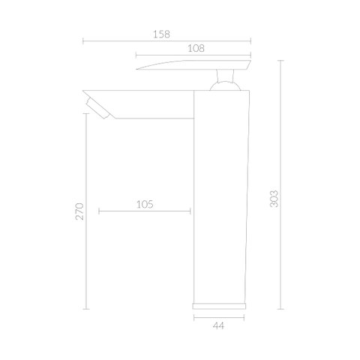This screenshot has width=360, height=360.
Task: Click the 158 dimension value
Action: click(161, 34)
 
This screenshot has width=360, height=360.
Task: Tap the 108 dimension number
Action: click(196, 48)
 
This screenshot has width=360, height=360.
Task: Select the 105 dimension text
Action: click(145, 205)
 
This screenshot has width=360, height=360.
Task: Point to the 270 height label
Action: click(79, 211)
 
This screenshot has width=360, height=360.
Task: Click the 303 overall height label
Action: click(274, 199)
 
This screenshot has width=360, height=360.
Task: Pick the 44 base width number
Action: click(219, 325)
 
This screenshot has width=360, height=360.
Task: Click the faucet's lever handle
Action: click(193, 64)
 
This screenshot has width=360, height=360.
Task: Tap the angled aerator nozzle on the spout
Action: click(98, 109)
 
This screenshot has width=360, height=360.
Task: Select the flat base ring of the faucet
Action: click(219, 306)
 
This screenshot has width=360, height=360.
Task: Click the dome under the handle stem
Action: click(225, 85)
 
